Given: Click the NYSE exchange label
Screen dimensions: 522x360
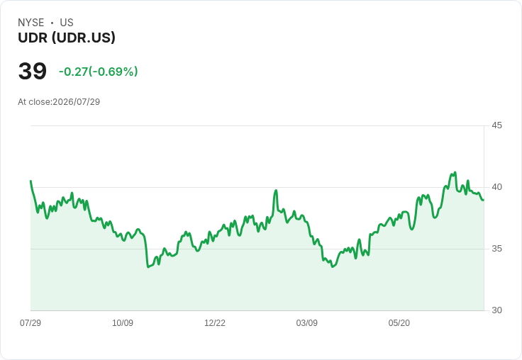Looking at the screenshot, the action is click(31, 23).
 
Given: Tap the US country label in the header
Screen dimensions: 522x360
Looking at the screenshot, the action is click(67, 23).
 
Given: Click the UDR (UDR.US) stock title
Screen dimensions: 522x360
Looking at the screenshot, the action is click(67, 38).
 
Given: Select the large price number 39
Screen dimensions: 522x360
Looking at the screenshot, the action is click(33, 71).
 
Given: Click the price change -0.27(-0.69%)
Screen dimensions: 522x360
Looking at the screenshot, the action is click(98, 72).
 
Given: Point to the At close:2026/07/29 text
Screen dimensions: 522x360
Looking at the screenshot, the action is click(59, 102).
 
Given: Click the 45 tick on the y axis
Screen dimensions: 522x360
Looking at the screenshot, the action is click(496, 125).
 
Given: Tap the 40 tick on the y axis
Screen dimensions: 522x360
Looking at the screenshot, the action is click(496, 187).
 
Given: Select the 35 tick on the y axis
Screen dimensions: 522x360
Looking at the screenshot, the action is click(496, 249).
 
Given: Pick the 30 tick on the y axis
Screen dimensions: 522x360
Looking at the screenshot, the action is click(496, 310).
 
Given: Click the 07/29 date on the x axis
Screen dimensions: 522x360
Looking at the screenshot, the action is click(30, 322).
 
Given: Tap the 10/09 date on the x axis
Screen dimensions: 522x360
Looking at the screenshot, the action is click(123, 322).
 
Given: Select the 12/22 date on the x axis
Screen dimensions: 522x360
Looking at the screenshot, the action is click(215, 322).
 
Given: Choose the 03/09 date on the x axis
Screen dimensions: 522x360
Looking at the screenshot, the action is click(306, 322).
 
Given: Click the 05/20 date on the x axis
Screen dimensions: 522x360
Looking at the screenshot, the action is click(399, 322).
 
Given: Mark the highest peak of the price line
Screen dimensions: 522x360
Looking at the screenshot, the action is click(455, 172).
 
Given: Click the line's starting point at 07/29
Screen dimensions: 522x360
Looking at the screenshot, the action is click(31, 181).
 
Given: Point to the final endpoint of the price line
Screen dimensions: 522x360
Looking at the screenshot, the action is click(483, 200).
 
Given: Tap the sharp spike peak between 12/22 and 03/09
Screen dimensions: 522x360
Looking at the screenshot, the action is click(276, 191).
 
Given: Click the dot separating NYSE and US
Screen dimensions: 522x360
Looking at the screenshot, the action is click(52, 23).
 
